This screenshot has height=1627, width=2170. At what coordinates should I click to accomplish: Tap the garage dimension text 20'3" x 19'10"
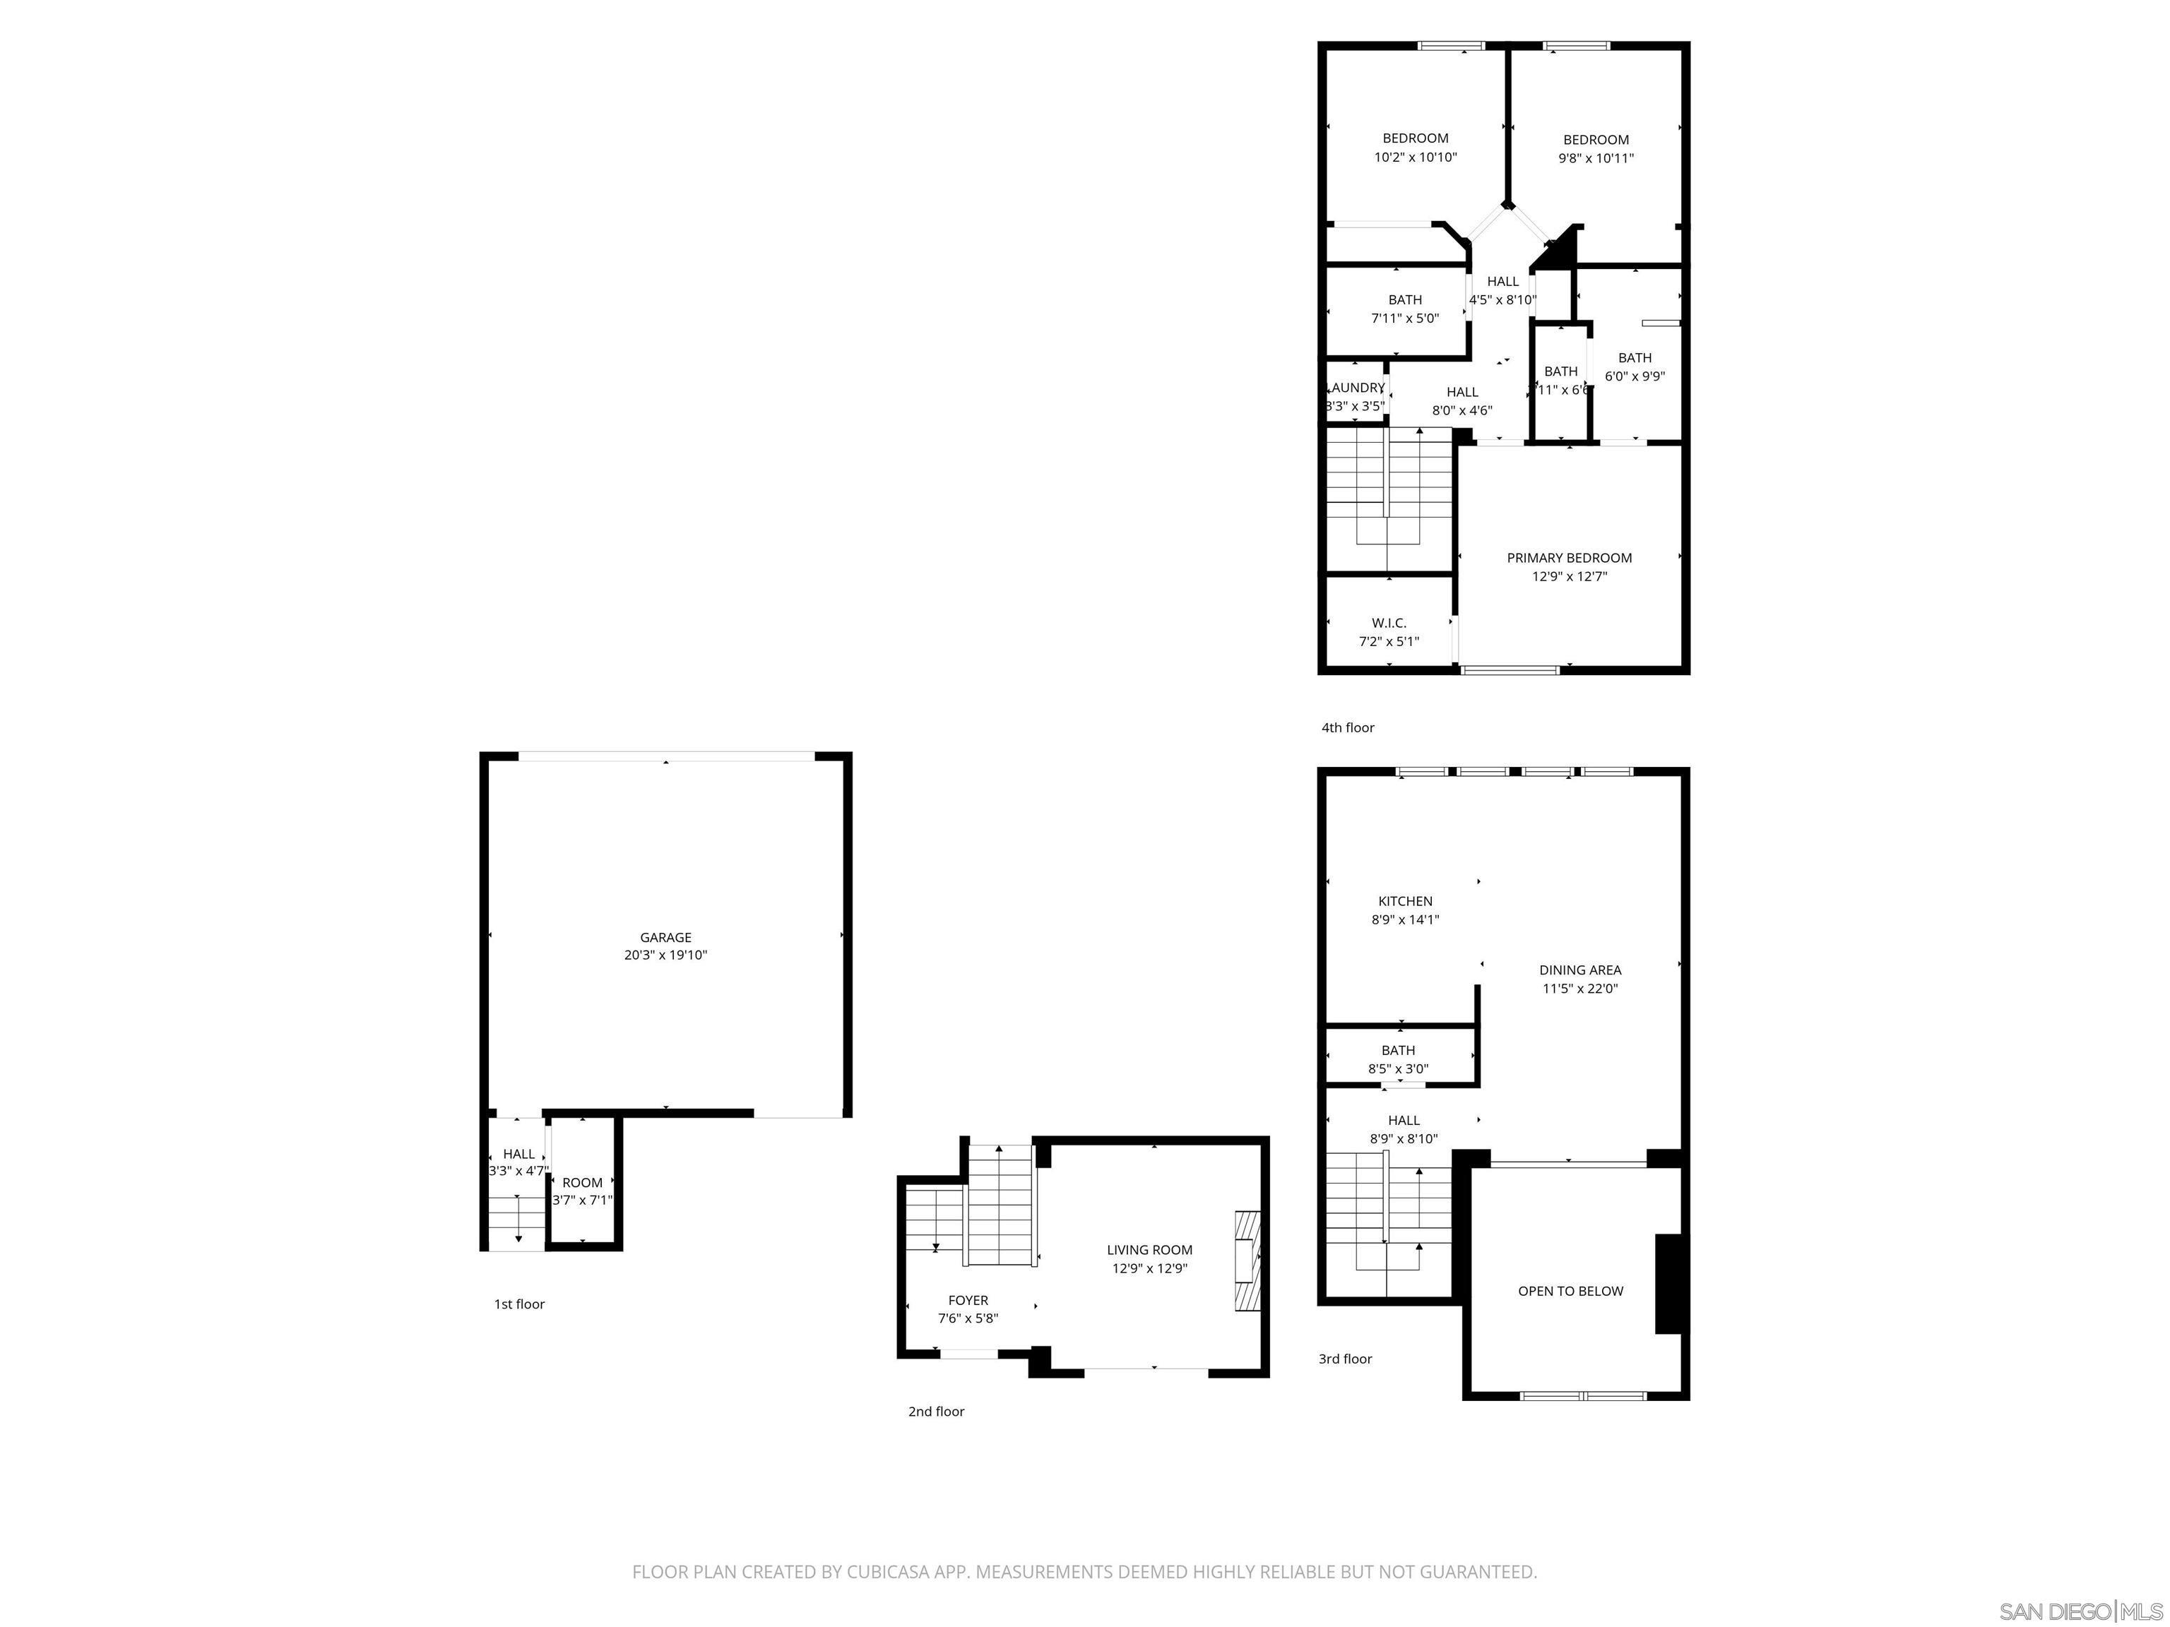pyautogui.click(x=665, y=955)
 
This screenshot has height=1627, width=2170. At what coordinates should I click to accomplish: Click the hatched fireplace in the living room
pyautogui.click(x=1246, y=1261)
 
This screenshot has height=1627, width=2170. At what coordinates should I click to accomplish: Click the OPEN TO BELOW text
pyautogui.click(x=1570, y=1291)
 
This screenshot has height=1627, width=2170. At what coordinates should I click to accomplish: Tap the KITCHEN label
pyautogui.click(x=1405, y=900)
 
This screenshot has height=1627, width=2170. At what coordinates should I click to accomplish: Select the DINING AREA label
pyautogui.click(x=1579, y=970)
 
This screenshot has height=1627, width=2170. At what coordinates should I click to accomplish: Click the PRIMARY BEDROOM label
pyautogui.click(x=1569, y=558)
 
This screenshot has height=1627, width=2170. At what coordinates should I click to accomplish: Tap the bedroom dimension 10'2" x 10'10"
pyautogui.click(x=1415, y=157)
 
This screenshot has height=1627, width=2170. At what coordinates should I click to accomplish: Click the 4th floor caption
pyautogui.click(x=1347, y=727)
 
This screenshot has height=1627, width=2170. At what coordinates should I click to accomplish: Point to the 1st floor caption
pyautogui.click(x=519, y=1304)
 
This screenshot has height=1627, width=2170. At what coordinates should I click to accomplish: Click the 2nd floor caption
pyautogui.click(x=936, y=1411)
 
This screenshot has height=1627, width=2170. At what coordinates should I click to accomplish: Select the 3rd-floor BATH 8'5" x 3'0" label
pyautogui.click(x=1398, y=1050)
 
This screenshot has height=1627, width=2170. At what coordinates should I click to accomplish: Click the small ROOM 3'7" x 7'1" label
pyautogui.click(x=582, y=1183)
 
